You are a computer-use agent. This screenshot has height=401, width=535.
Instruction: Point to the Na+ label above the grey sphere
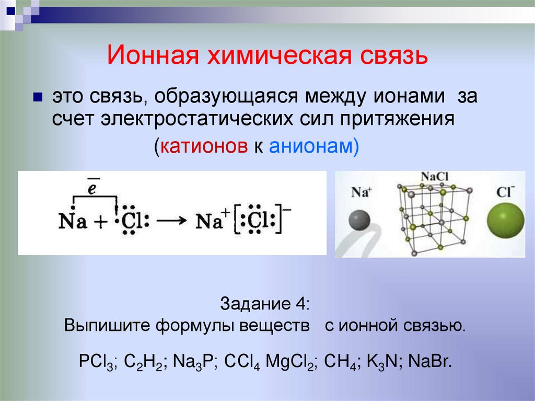pos(360,192)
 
